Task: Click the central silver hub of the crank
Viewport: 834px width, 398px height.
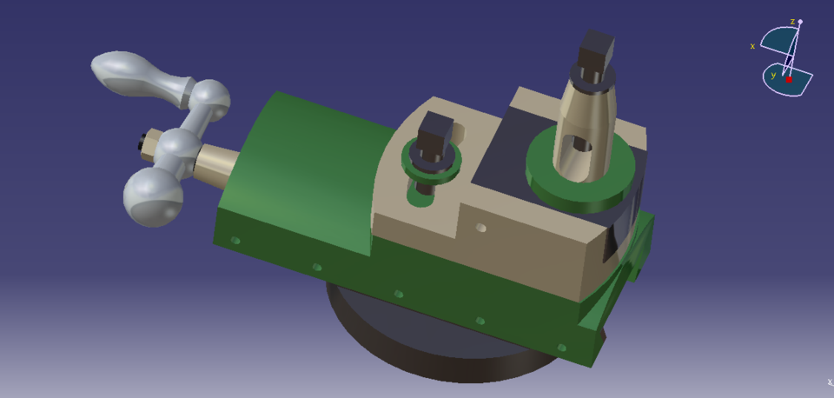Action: (177, 149)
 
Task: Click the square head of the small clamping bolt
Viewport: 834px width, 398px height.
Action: (432, 132)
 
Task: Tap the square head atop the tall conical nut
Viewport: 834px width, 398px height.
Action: (596, 53)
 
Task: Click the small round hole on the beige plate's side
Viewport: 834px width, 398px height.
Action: (480, 228)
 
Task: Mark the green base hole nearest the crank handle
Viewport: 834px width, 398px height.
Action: (235, 240)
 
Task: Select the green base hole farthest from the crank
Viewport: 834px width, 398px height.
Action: (561, 348)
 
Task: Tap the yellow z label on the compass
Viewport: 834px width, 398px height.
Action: (792, 21)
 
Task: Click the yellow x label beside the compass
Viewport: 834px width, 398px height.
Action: (752, 46)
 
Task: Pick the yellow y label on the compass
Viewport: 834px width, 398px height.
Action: (773, 76)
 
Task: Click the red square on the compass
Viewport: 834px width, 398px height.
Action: (789, 80)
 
